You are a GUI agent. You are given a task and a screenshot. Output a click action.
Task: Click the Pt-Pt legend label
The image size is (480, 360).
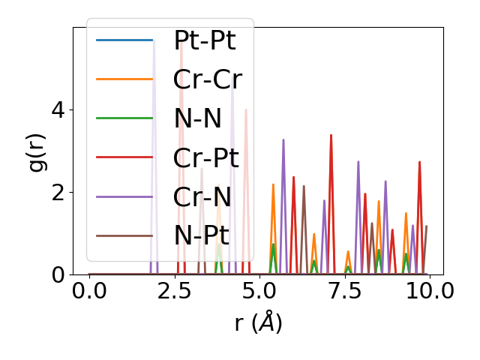pos(204,40)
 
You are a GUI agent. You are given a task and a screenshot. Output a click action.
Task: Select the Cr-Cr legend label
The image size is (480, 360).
pos(207,79)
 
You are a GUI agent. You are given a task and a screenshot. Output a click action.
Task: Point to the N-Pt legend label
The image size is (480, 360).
pos(201,235)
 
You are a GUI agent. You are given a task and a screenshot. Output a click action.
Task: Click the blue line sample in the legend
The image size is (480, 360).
pos(124,40)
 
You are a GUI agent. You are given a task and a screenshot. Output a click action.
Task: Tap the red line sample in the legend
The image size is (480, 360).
pos(124,157)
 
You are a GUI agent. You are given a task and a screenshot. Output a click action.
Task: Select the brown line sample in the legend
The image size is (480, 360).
pos(124,235)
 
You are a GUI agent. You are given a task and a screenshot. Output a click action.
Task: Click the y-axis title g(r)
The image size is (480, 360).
pos(37,149)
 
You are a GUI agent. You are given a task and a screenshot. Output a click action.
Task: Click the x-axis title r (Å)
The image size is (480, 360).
pos(258,322)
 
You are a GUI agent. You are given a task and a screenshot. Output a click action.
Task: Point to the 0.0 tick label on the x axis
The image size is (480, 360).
pos(89,291)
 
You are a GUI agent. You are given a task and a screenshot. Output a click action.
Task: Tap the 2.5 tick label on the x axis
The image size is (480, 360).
pos(174,291)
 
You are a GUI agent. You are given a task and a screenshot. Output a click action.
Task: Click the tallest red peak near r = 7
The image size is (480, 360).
pos(331,136)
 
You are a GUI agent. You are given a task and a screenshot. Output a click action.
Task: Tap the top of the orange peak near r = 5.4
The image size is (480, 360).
pos(273,184)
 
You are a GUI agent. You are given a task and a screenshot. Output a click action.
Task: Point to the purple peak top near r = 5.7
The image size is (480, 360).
pos(283,140)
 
